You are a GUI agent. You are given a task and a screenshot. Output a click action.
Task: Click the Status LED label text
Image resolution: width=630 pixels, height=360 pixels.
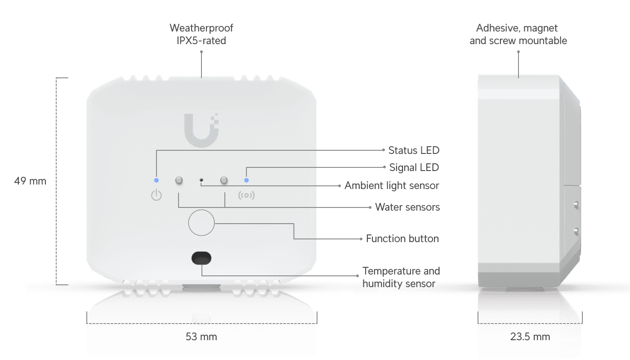coord(414,150)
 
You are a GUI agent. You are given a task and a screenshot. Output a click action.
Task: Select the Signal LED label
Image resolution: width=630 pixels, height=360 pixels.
coord(414,167)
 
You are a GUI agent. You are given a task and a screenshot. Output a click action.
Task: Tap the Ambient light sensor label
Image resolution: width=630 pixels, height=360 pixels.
coord(392,185)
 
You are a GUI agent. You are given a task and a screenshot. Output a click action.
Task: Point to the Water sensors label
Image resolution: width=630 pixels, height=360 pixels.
coord(407,207)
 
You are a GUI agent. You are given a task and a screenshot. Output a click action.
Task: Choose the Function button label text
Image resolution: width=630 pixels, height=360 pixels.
coord(402,238)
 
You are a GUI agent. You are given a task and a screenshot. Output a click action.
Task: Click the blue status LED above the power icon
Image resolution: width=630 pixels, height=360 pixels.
coord(156,180)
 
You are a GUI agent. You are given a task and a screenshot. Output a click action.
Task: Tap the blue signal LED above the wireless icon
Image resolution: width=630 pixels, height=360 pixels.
coord(246,180)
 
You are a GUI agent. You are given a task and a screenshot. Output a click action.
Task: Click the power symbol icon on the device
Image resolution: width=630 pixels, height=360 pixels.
coord(156,196)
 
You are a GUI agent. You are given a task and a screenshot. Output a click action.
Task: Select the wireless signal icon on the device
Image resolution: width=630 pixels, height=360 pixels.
coord(246,196)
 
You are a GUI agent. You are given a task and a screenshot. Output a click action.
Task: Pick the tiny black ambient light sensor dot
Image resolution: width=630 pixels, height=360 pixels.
coord(201,180)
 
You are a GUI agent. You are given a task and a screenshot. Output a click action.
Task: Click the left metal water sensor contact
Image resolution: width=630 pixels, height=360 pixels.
coord(179,180)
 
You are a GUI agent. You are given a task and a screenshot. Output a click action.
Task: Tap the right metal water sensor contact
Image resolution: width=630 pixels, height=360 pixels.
coord(224,180)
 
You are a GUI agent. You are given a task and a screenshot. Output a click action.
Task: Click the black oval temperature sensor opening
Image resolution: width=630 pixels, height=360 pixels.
coord(201,258)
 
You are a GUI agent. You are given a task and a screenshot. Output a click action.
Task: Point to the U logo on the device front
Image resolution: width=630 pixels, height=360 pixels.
coord(201,129)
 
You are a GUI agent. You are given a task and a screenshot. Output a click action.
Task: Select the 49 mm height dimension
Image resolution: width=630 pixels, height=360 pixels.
coord(30,181)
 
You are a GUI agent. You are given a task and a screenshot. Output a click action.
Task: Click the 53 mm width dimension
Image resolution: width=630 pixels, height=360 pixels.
coord(201,337)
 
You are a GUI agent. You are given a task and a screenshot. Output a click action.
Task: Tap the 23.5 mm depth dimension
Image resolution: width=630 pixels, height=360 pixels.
coord(530,337)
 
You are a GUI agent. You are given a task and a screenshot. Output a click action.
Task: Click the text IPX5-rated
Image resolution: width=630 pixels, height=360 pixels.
coord(201,40)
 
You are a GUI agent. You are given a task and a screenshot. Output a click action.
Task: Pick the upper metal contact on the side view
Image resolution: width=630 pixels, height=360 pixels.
coord(576,205)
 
